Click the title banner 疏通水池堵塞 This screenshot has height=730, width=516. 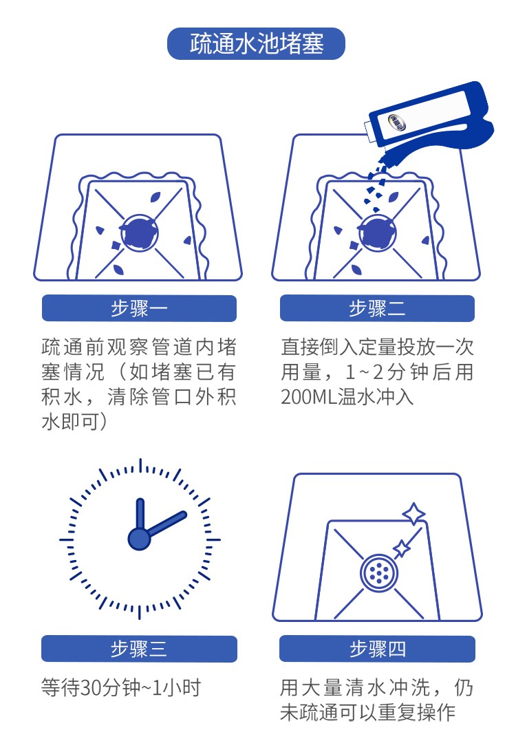(x=256, y=44)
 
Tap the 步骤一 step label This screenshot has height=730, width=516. (x=139, y=308)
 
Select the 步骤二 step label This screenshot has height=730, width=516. (x=377, y=308)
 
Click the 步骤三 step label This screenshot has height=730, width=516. (x=139, y=649)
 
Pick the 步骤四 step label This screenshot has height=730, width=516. (x=377, y=649)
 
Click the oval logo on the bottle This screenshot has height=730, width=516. (x=397, y=123)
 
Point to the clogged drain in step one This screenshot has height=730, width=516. (x=139, y=233)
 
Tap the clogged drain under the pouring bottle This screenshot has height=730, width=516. (x=377, y=233)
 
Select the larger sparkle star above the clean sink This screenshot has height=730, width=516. (x=413, y=514)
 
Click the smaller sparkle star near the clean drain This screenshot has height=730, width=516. (x=401, y=548)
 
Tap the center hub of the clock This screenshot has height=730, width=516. (x=139, y=539)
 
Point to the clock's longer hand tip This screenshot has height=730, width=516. (x=184, y=515)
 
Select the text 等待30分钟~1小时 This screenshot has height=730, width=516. (x=121, y=687)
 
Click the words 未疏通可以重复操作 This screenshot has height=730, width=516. (x=367, y=712)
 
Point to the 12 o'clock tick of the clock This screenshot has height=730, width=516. (x=140, y=466)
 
